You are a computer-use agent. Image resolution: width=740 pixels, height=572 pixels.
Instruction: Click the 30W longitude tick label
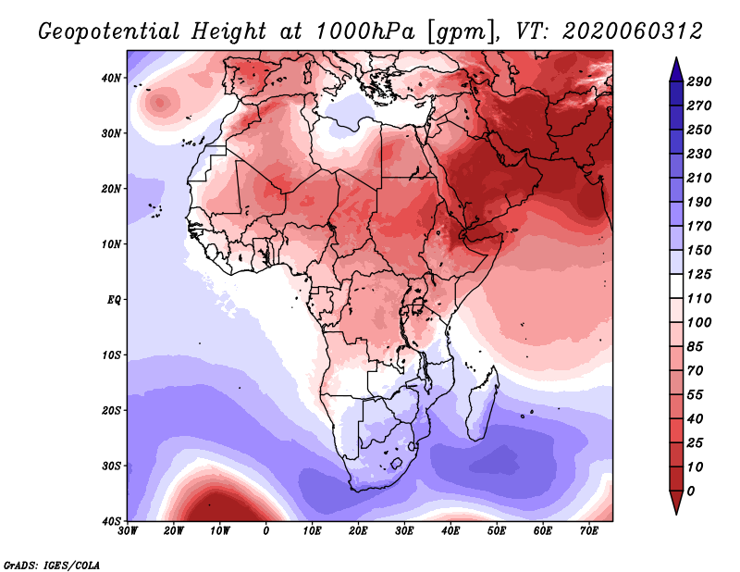click(128, 530)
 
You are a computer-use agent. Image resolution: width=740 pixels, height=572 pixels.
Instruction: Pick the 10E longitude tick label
click(313, 530)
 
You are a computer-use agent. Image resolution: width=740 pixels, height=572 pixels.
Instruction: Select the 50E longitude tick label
click(497, 530)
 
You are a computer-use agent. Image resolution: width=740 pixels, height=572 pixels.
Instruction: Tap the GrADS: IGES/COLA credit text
click(52, 564)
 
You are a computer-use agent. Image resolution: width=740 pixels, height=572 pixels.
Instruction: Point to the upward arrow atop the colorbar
click(676, 67)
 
